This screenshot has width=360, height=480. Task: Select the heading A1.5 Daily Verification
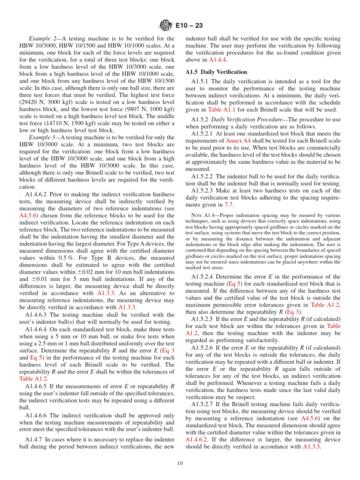[216, 72]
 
